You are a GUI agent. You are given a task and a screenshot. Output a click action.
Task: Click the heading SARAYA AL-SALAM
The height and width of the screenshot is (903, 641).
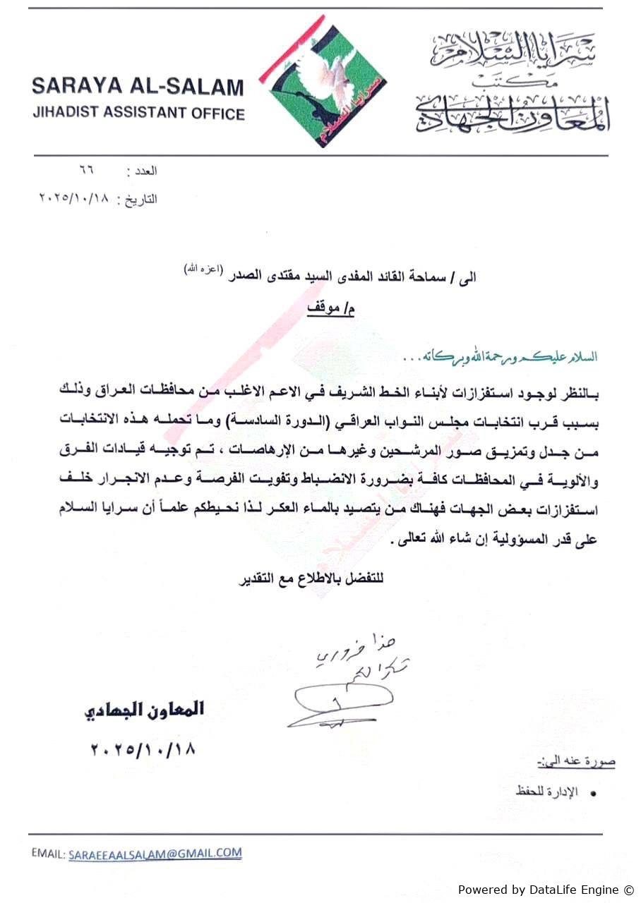tap(138, 87)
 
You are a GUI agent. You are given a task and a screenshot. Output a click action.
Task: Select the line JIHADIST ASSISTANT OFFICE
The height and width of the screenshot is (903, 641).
tap(138, 113)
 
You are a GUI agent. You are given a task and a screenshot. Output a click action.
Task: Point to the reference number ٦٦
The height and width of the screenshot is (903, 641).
tap(88, 171)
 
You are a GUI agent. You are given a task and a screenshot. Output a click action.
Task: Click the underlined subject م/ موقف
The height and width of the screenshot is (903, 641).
tap(332, 309)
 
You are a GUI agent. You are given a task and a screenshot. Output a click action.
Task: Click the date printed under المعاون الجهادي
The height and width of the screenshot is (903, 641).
tap(143, 749)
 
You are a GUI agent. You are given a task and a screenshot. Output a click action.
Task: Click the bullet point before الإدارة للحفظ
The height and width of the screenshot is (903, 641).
tap(593, 794)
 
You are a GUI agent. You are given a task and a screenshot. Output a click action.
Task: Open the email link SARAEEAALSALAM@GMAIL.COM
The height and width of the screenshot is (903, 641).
tap(155, 854)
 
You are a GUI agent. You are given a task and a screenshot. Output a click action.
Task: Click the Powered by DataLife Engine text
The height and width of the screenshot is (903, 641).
tap(546, 890)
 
